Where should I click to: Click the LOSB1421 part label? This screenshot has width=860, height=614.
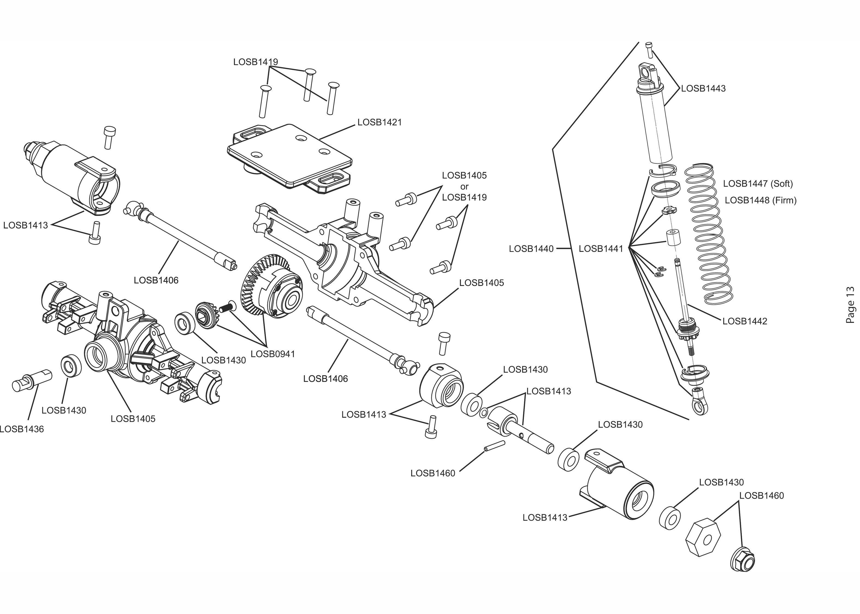coord(379,123)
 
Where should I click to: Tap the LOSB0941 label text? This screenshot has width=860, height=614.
coord(273,354)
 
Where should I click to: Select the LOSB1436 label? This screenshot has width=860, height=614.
coord(22,429)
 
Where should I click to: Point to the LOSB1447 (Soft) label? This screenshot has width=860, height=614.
coord(758,184)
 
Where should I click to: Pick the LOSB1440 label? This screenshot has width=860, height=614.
coord(531,249)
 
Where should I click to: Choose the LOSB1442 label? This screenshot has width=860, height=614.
coord(745,321)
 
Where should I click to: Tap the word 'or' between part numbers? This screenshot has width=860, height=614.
coord(464,186)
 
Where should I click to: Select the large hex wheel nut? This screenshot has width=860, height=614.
coord(703,538)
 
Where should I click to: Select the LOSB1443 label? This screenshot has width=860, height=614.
coord(703,88)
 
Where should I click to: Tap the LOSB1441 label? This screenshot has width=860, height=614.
coord(601,249)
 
